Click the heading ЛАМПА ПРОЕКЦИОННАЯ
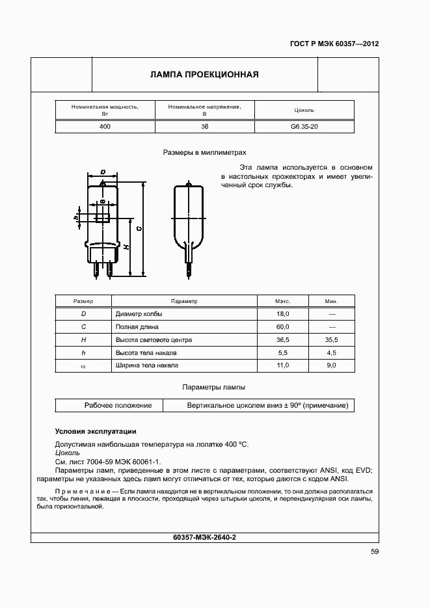coord(204,74)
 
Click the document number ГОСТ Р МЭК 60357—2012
coord(334,44)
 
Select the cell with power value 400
coord(105,126)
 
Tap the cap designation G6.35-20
coord(304,126)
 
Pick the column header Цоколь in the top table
coord(304,110)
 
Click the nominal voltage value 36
coord(204,126)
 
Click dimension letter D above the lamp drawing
coord(103,172)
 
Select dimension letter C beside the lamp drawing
coord(140,229)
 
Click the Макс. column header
coord(282,301)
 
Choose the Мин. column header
coord(331,301)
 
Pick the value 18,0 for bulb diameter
coord(282,313)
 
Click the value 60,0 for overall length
coord(282,326)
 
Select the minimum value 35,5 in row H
coord(331,339)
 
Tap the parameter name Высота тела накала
coord(146,352)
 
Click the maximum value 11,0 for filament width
coord(282,365)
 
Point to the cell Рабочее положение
coord(118,405)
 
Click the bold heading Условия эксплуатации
coord(95,431)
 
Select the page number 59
coord(374,552)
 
